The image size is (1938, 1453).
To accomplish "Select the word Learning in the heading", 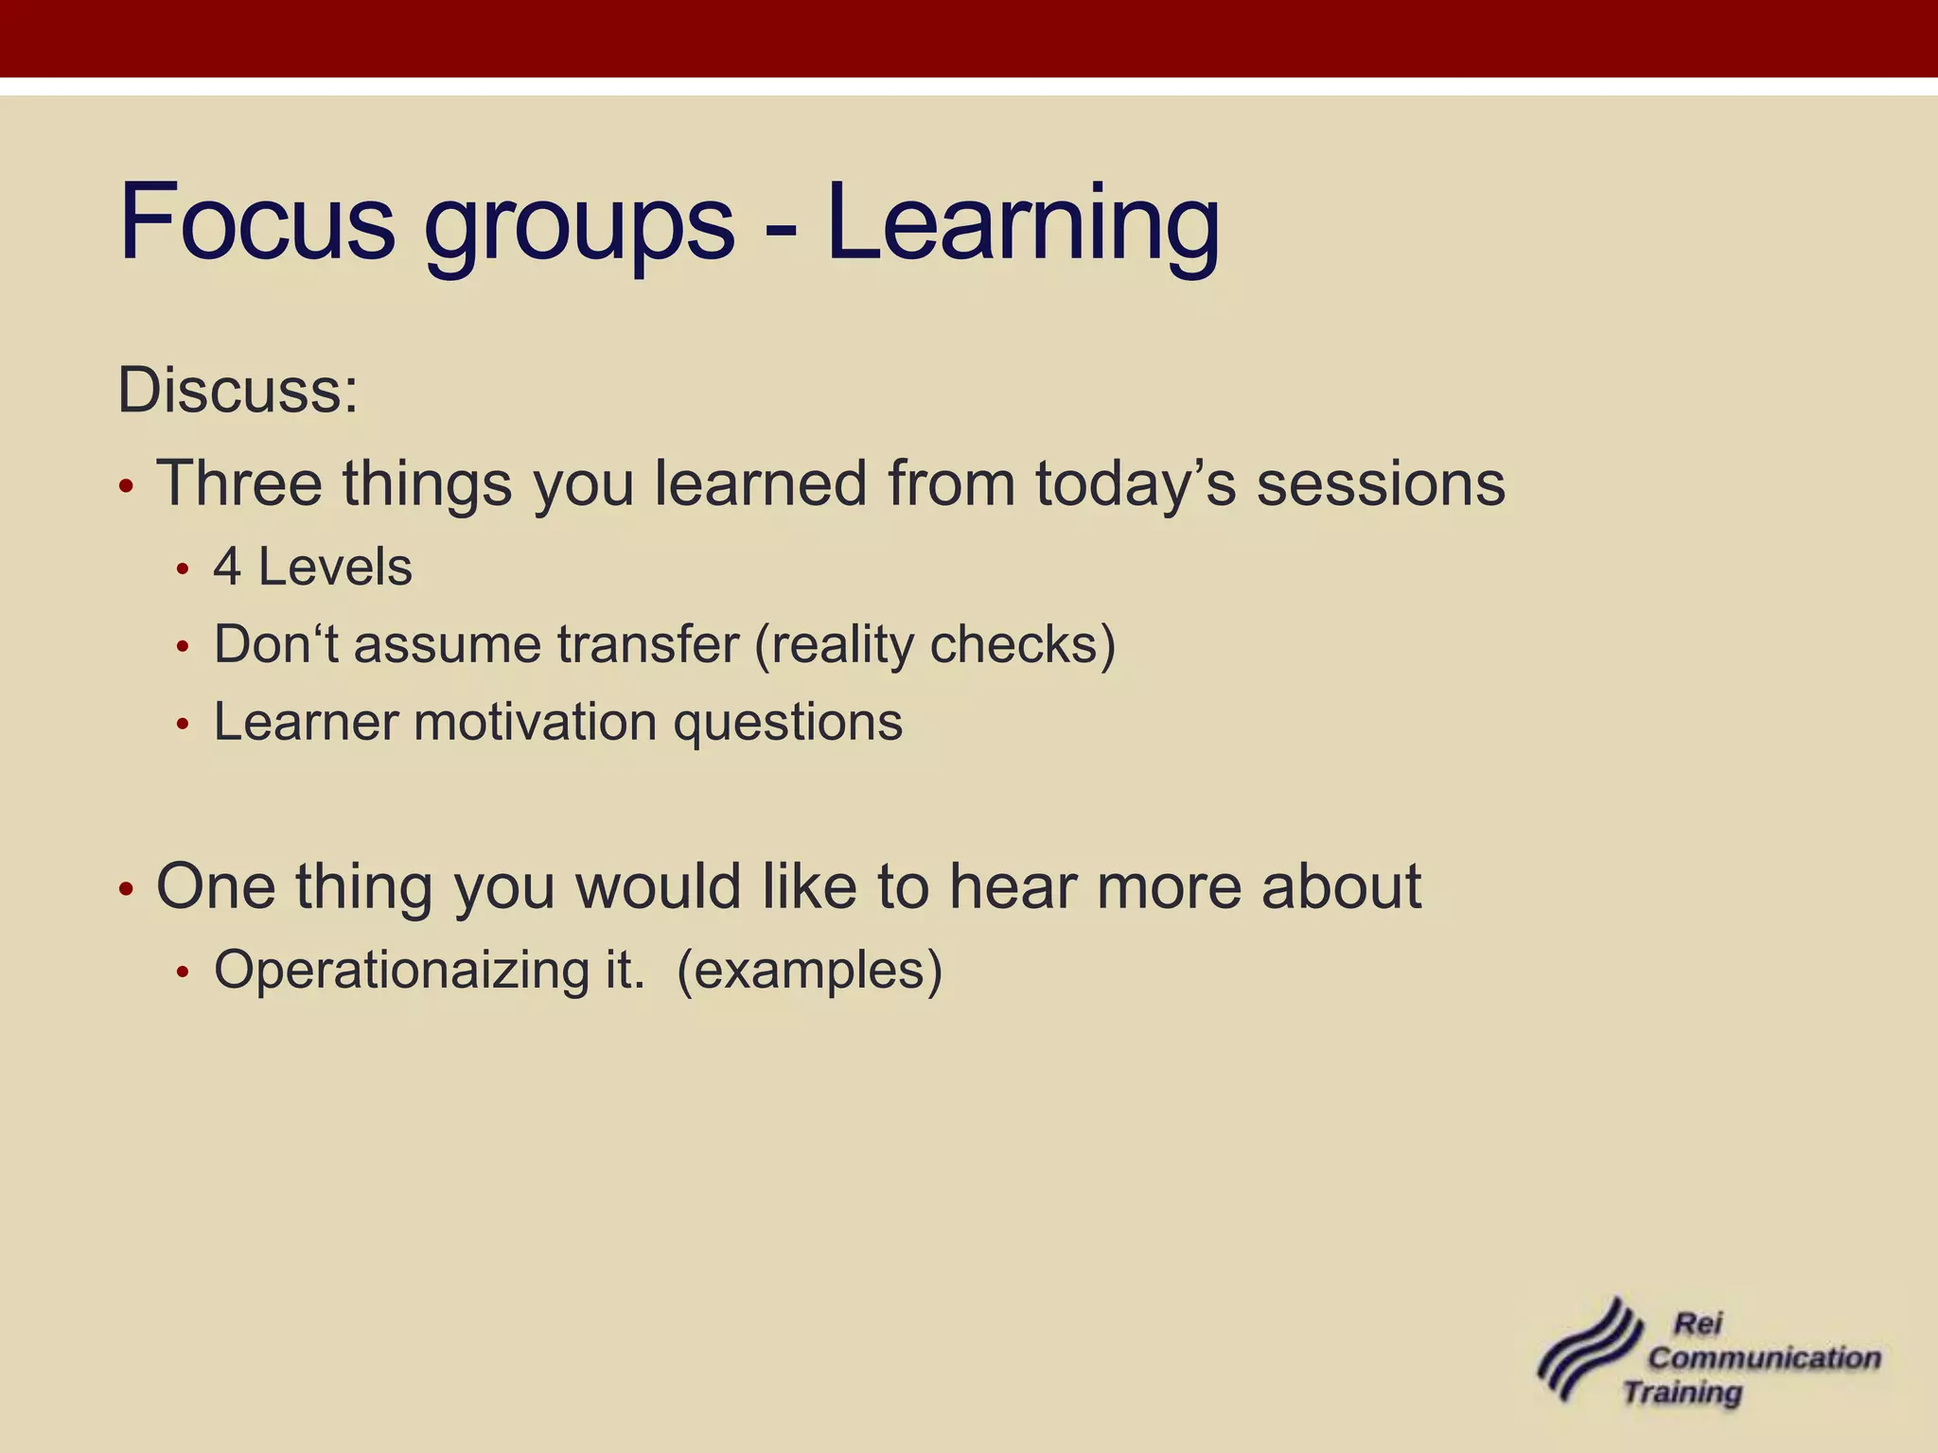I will point(1023,225).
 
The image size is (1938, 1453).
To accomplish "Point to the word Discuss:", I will point(238,390).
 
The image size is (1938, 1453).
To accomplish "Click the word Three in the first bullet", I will point(239,483).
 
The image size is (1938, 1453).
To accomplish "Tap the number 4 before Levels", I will point(226,568).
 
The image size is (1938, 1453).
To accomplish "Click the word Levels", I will point(335,568).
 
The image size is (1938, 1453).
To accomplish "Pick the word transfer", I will point(648,645).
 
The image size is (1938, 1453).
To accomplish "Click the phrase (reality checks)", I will point(935,645).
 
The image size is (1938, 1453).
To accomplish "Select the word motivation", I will point(536,722).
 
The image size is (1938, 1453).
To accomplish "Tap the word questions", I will point(787,724).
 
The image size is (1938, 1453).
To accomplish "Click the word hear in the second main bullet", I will point(1014,886).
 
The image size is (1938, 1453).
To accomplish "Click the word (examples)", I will point(810,971).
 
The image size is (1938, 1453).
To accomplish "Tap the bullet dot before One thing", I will point(127,891).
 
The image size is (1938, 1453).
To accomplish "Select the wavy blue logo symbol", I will point(1588,1350).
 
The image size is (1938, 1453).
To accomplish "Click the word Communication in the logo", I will point(1764,1357).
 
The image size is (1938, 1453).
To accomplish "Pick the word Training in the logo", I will point(1683,1392).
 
